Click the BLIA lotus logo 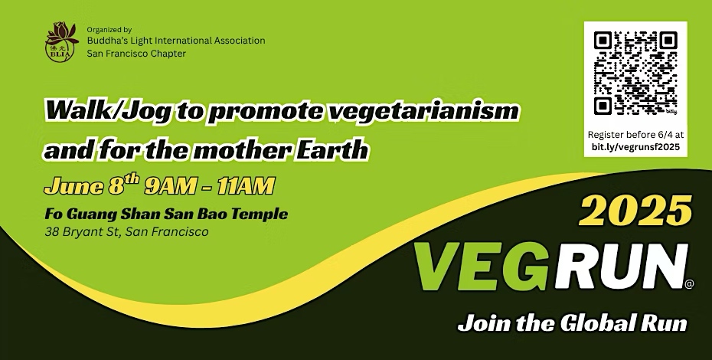[x=62, y=42]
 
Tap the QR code [x=635, y=74]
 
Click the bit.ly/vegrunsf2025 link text [x=635, y=147]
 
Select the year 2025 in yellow [x=635, y=211]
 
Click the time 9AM [x=170, y=186]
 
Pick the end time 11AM [x=245, y=186]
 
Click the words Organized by [x=109, y=30]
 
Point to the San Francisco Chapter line [x=136, y=53]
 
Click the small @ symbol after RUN [x=689, y=284]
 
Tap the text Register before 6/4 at [x=635, y=135]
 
